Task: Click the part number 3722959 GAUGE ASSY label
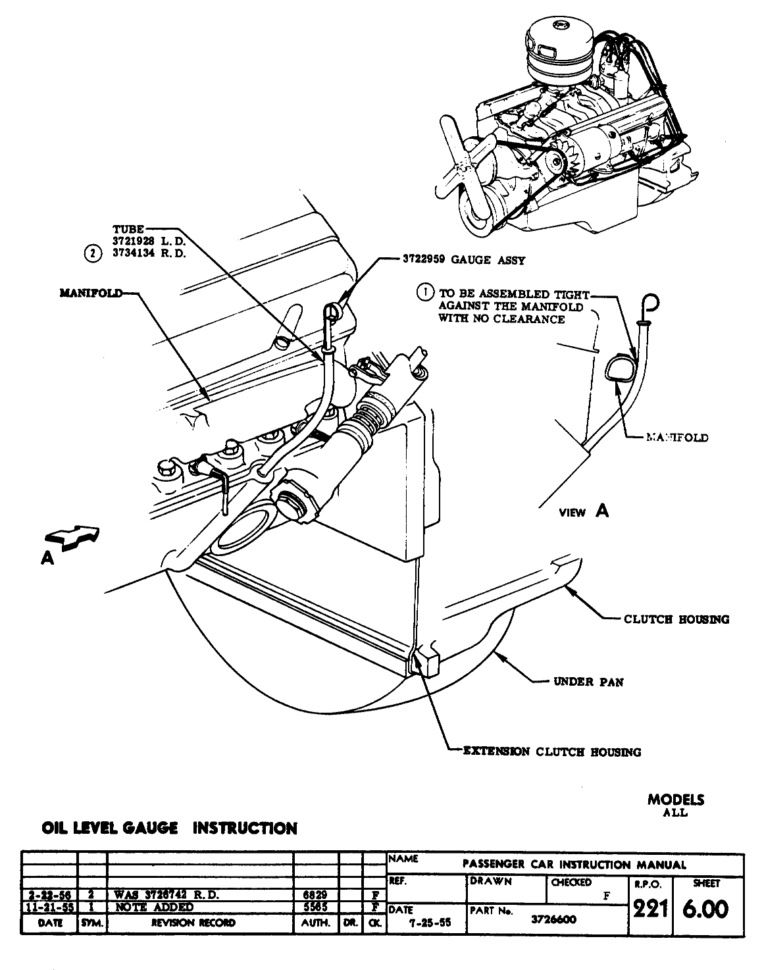pyautogui.click(x=464, y=260)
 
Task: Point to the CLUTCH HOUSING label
pyautogui.click(x=676, y=619)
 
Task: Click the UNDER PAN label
pyautogui.click(x=588, y=682)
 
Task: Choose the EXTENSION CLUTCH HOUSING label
pyautogui.click(x=552, y=752)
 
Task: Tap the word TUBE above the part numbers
pyautogui.click(x=128, y=229)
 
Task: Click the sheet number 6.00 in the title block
pyautogui.click(x=705, y=910)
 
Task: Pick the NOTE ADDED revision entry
pyautogui.click(x=154, y=907)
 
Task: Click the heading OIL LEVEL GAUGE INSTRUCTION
pyautogui.click(x=169, y=828)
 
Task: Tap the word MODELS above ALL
pyautogui.click(x=675, y=800)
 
